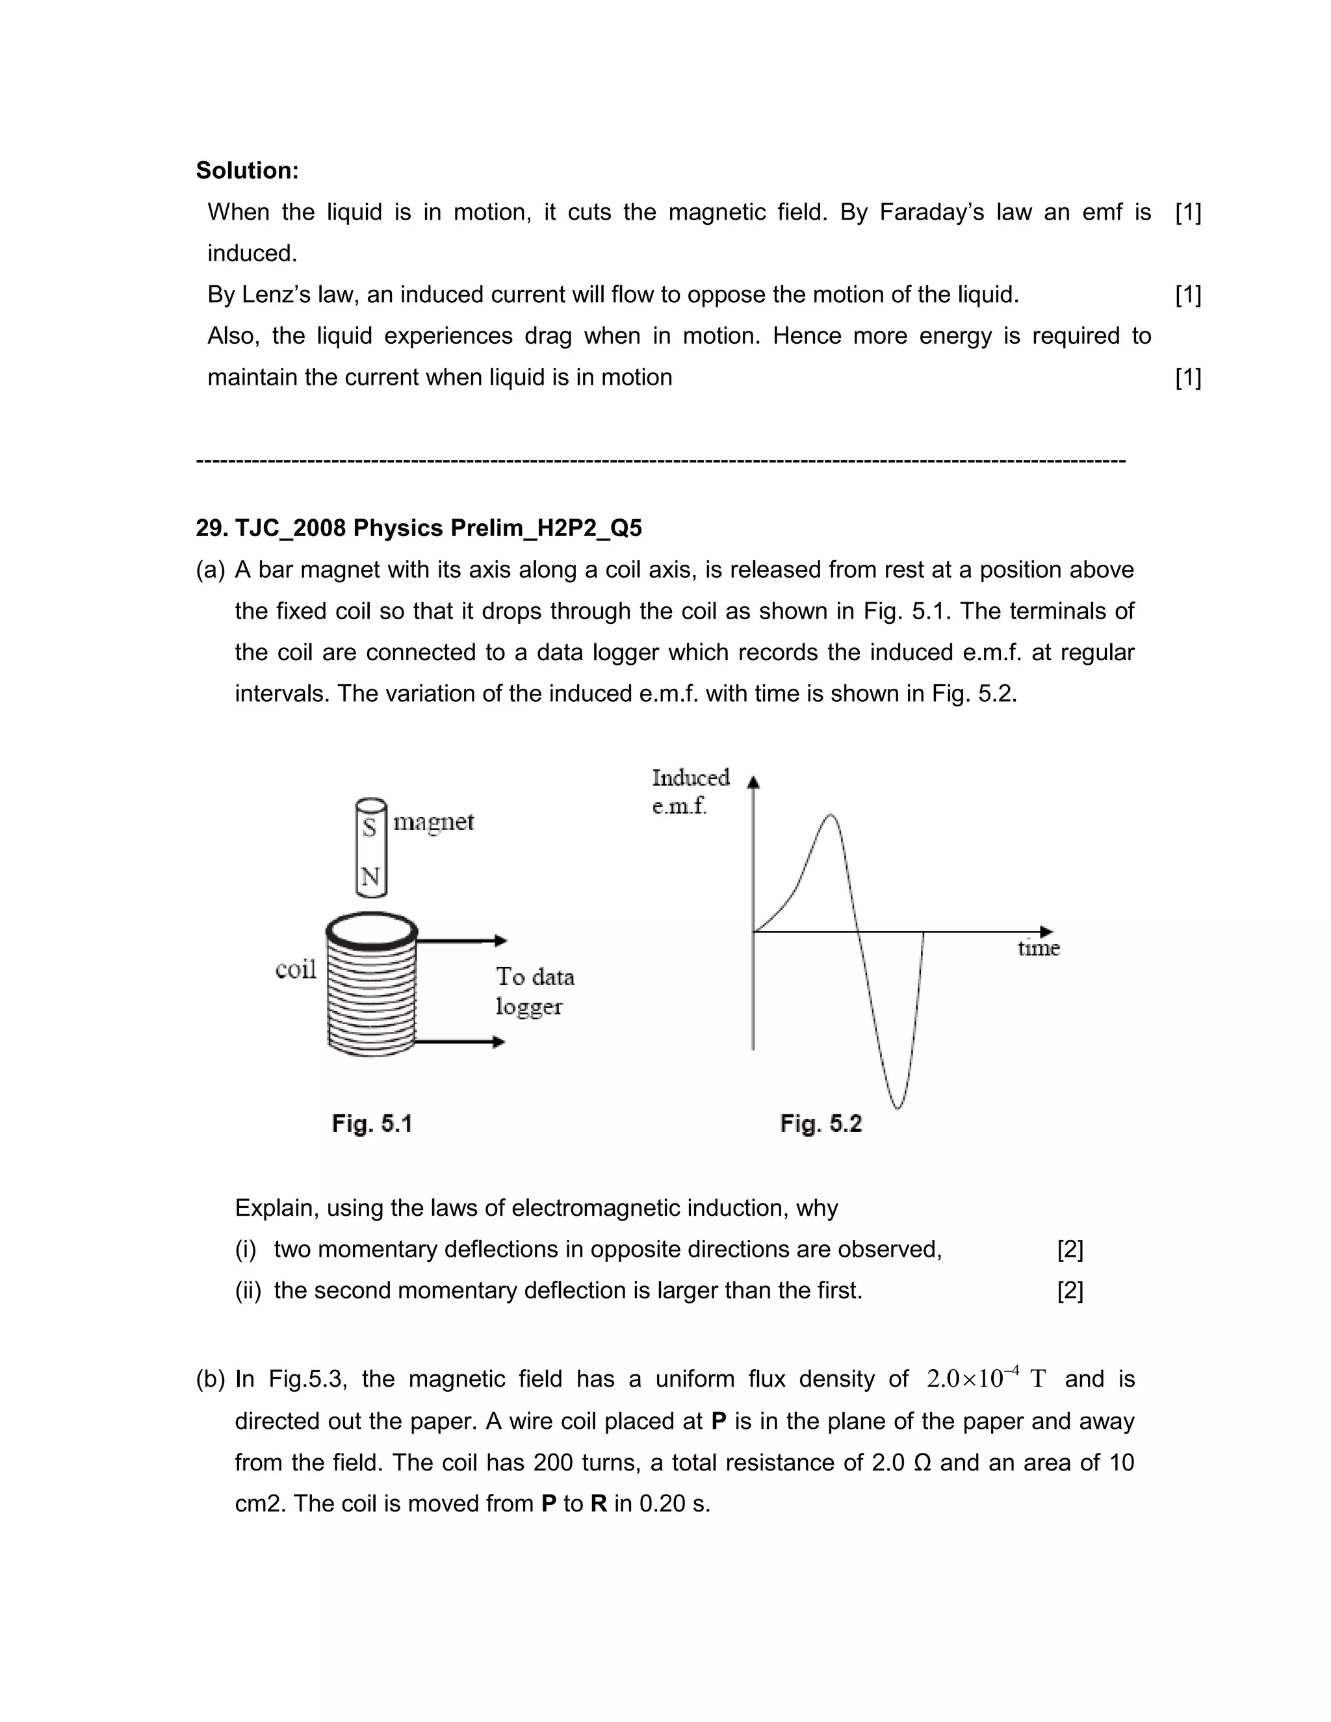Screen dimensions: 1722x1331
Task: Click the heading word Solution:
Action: (247, 170)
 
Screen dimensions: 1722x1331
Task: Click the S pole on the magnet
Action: (369, 827)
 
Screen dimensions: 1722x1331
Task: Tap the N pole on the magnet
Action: (370, 876)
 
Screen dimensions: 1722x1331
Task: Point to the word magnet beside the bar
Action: (433, 823)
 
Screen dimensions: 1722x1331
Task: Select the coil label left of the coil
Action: (296, 969)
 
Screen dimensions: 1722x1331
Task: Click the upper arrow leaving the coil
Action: (461, 940)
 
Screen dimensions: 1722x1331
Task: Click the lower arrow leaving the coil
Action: (459, 1042)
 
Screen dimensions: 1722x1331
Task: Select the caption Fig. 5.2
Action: (820, 1123)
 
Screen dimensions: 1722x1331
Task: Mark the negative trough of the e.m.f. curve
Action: (899, 1107)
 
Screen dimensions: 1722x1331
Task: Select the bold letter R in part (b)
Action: (599, 1503)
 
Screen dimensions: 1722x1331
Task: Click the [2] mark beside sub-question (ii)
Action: (1069, 1290)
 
